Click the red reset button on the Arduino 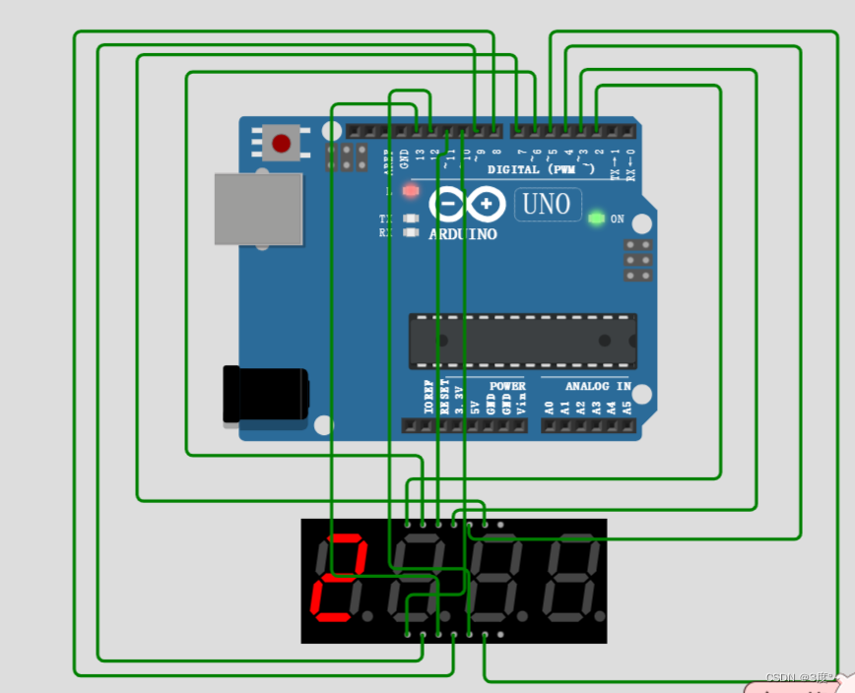click(x=281, y=144)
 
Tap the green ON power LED click(x=596, y=218)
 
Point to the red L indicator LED click(x=411, y=190)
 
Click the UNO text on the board click(x=547, y=205)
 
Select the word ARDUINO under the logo click(x=463, y=234)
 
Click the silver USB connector click(x=258, y=209)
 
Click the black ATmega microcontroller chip click(x=522, y=341)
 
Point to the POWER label click(x=507, y=386)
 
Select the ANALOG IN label click(x=585, y=386)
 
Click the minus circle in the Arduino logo click(x=448, y=204)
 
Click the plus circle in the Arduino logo click(x=487, y=204)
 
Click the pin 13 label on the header click(x=420, y=155)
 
